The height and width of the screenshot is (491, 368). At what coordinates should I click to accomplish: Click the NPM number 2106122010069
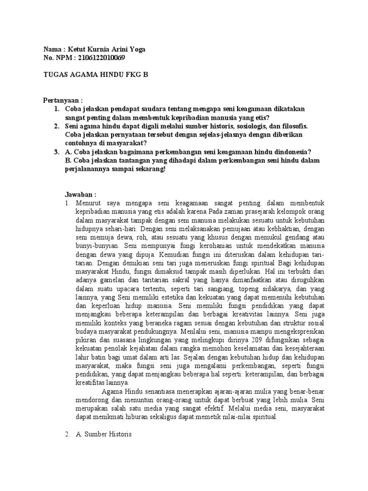point(100,58)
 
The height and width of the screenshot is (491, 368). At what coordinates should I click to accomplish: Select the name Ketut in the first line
point(78,49)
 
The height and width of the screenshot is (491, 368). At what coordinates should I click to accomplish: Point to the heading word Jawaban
point(80,195)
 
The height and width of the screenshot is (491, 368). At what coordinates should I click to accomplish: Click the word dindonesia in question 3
point(281,152)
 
